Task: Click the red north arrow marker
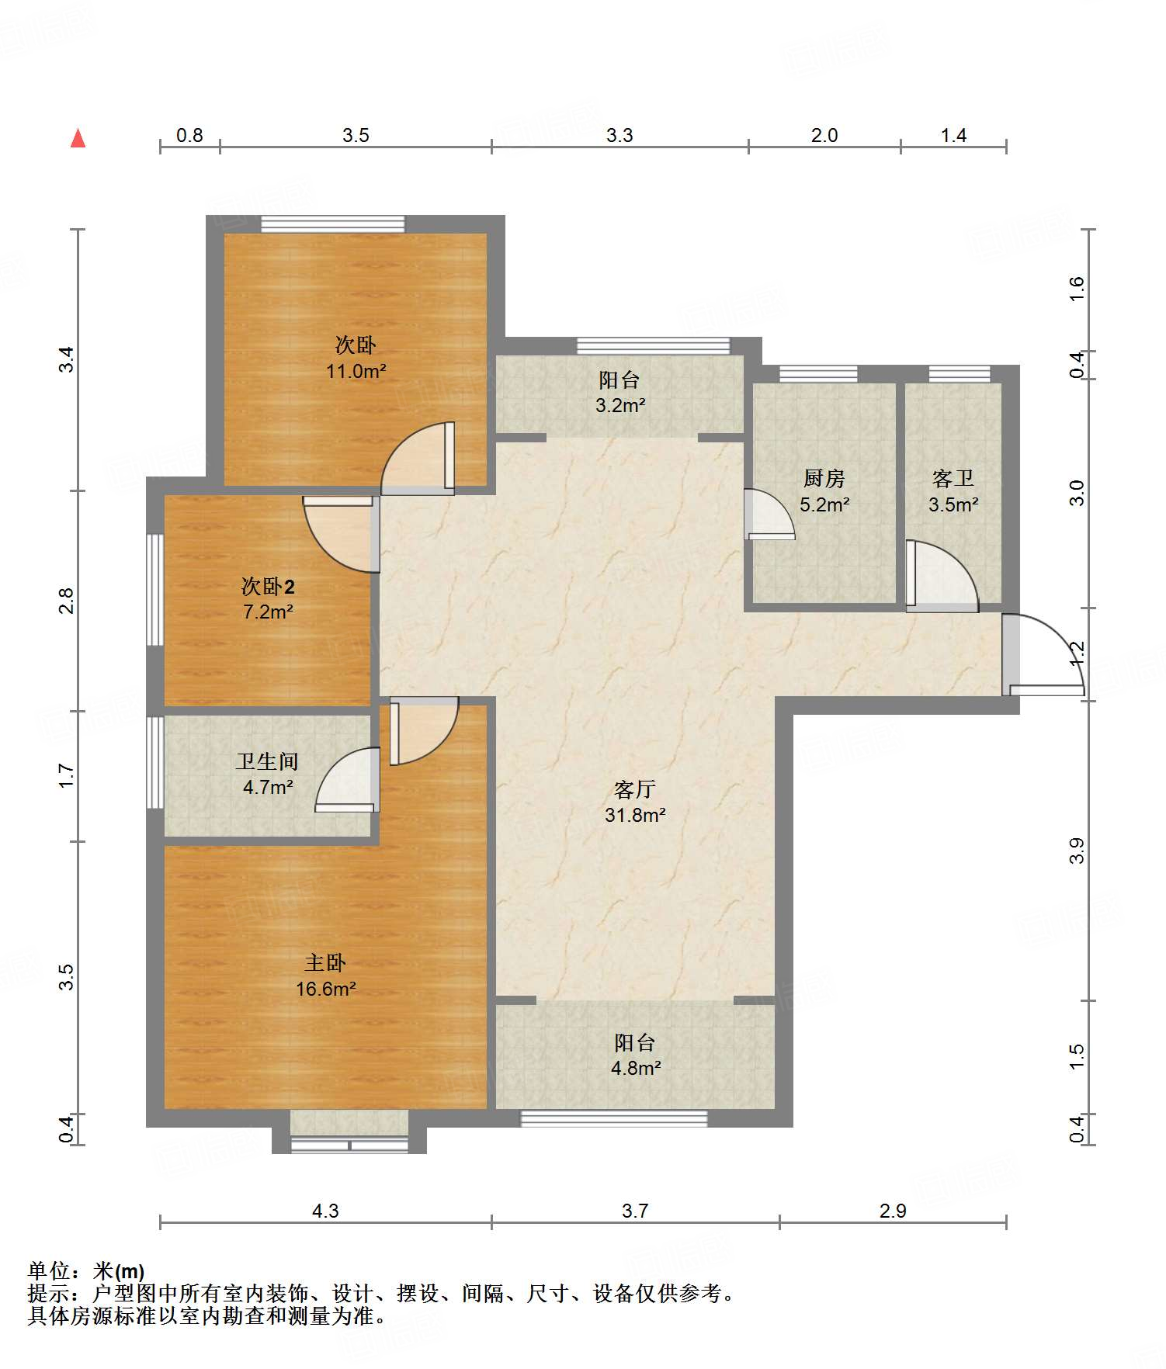78,138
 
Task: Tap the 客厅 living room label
635,789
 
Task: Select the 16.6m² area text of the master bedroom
325,989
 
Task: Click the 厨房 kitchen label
824,478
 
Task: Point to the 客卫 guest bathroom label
953,478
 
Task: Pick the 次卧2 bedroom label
268,586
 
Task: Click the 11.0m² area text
356,371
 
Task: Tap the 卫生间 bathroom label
268,761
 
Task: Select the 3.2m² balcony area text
620,405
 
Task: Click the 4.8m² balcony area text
636,1068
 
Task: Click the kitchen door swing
768,514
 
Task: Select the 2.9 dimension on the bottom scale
893,1211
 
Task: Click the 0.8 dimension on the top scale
189,135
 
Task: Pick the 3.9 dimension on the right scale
1076,851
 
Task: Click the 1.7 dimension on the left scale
67,776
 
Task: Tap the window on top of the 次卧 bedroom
332,224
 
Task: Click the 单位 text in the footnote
49,1271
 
